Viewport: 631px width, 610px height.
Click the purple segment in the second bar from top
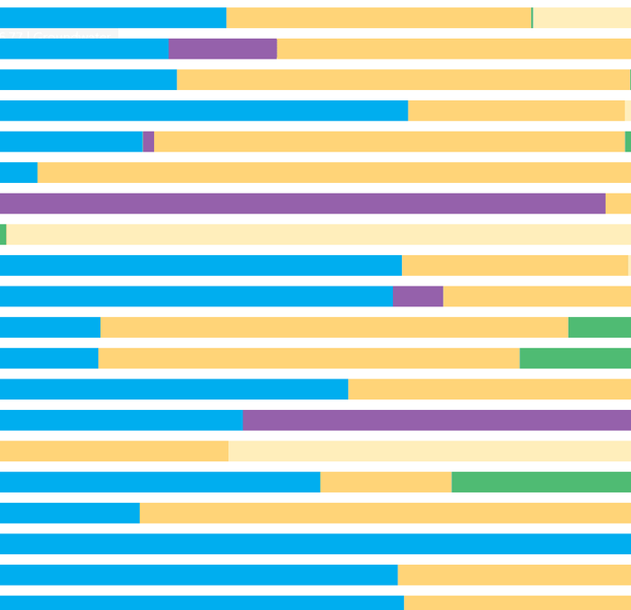click(223, 49)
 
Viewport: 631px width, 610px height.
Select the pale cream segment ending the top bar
click(581, 18)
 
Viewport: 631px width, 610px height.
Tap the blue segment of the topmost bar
click(113, 18)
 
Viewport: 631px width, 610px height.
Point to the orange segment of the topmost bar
click(379, 18)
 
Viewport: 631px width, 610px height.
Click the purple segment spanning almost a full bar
click(302, 204)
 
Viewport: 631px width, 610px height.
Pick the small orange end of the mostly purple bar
click(618, 204)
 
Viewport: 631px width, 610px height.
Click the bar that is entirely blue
click(315, 543)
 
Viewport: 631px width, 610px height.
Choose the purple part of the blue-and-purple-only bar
click(436, 420)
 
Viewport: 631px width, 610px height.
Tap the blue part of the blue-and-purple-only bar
click(121, 420)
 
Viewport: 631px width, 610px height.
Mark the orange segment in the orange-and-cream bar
click(114, 451)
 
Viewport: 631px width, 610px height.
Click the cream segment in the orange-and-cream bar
click(429, 451)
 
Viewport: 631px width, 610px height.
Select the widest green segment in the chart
click(541, 482)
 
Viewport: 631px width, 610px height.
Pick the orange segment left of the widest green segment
click(386, 482)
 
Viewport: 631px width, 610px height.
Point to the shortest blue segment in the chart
click(18, 172)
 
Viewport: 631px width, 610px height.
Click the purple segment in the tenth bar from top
click(417, 296)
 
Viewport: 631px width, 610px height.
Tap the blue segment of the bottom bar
click(202, 602)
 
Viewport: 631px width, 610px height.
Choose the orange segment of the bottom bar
click(517, 602)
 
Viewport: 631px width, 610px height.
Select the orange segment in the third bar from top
click(403, 79)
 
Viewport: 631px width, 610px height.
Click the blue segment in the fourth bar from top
click(204, 111)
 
